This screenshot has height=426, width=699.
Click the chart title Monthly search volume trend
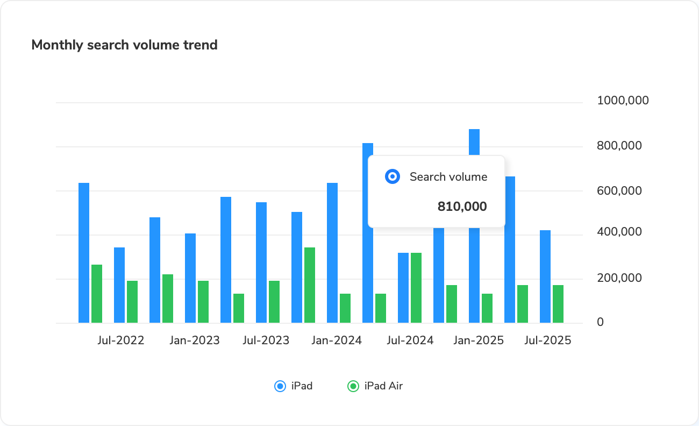click(124, 45)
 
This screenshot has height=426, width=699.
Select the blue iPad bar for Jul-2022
click(119, 285)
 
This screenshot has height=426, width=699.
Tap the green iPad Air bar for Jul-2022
click(132, 302)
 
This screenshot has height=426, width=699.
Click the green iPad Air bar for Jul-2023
click(274, 302)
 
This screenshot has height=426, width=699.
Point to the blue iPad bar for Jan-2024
click(332, 253)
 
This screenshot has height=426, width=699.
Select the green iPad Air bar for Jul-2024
click(416, 288)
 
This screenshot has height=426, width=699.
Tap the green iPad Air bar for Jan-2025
click(487, 308)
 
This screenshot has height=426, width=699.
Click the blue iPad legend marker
click(280, 386)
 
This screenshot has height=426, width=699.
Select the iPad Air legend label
click(383, 386)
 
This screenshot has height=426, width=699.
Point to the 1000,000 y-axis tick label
click(623, 101)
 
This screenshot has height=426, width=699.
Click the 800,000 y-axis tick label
click(619, 146)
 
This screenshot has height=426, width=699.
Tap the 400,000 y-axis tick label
click(619, 232)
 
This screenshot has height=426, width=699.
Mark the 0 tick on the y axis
click(601, 322)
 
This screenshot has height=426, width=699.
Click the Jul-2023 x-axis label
click(266, 340)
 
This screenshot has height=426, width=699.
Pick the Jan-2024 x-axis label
click(337, 340)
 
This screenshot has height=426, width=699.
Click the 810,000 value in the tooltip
click(462, 207)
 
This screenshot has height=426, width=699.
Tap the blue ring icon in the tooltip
click(393, 176)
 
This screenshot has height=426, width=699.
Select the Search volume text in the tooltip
click(448, 176)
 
